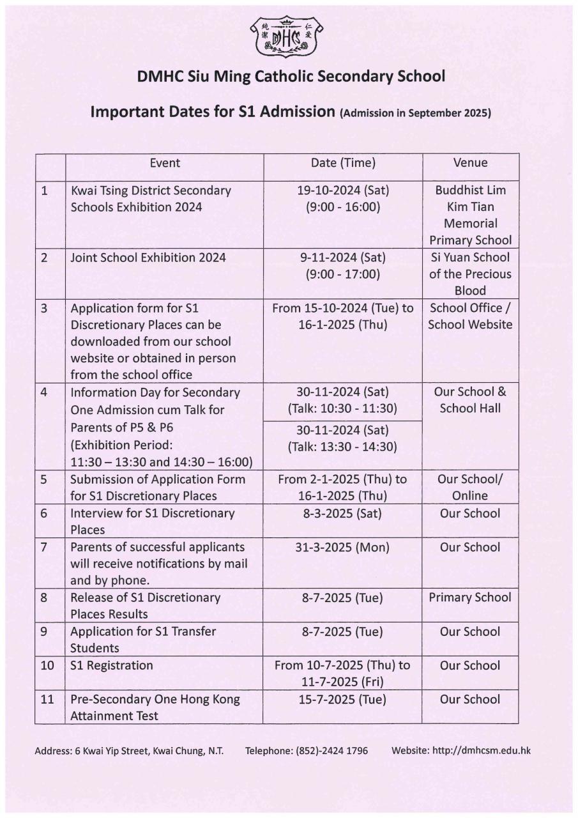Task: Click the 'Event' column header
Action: (x=165, y=163)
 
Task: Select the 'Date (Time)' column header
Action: (x=343, y=163)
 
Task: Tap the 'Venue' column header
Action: (x=470, y=163)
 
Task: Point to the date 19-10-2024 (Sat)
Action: (x=343, y=190)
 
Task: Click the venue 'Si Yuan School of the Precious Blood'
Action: (x=470, y=274)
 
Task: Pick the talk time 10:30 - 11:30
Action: (x=343, y=409)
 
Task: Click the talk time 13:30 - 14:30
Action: (x=343, y=447)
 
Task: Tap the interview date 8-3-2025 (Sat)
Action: (x=343, y=513)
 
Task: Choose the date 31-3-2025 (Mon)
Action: (x=343, y=547)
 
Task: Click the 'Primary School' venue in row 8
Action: (x=470, y=598)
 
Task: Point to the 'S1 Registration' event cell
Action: (x=112, y=665)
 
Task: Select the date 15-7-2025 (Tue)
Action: (x=343, y=699)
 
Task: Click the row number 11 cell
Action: (x=47, y=699)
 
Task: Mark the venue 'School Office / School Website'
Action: (x=470, y=316)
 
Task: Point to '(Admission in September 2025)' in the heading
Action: (x=416, y=114)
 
